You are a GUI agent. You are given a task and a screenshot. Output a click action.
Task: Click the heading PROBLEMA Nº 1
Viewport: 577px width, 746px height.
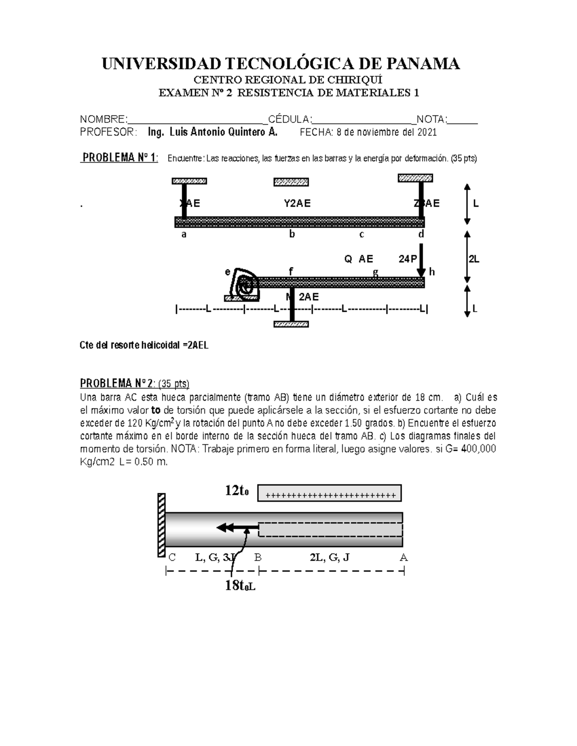tap(120, 158)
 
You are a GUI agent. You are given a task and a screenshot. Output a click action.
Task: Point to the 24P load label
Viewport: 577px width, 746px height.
tap(407, 259)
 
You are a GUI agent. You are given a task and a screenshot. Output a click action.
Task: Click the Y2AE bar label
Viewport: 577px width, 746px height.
tap(297, 203)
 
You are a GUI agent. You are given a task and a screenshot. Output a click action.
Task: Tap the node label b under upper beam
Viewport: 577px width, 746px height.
tap(291, 234)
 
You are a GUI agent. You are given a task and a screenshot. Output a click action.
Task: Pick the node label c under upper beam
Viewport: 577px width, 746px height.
tap(362, 234)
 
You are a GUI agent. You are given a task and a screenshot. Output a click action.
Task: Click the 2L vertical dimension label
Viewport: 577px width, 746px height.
tap(474, 259)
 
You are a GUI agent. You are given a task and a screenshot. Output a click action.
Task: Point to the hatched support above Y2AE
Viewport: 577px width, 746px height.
tap(291, 182)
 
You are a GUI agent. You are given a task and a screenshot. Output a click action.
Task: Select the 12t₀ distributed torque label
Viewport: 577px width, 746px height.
tap(237, 490)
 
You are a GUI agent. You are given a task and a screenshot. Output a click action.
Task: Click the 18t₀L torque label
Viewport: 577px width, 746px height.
tap(240, 585)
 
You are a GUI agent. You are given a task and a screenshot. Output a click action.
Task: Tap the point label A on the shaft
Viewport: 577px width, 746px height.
tap(403, 558)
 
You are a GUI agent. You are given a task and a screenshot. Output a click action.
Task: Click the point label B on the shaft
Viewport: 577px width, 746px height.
tap(258, 558)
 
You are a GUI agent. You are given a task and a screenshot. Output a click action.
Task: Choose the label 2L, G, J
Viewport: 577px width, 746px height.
tap(329, 558)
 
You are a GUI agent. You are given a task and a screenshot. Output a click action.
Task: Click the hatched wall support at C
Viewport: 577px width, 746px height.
tap(162, 525)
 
